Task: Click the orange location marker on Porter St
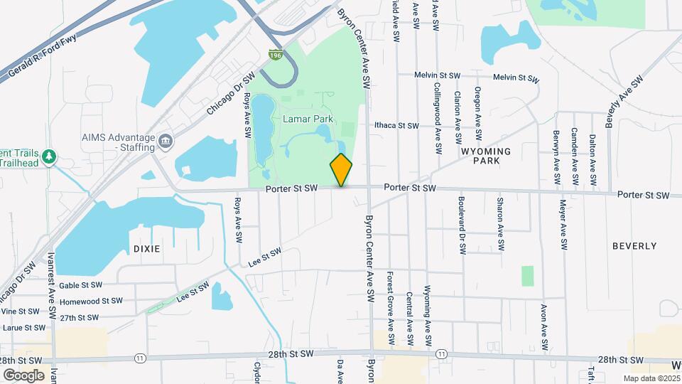pos(341,170)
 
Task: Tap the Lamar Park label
pos(308,118)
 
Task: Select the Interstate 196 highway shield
pos(275,53)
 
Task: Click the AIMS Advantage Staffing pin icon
pos(166,142)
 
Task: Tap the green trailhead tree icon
pos(49,156)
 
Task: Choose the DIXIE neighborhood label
pos(146,249)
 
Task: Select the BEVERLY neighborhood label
pos(634,245)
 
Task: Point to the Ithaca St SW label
pos(398,125)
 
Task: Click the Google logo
pos(23,375)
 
